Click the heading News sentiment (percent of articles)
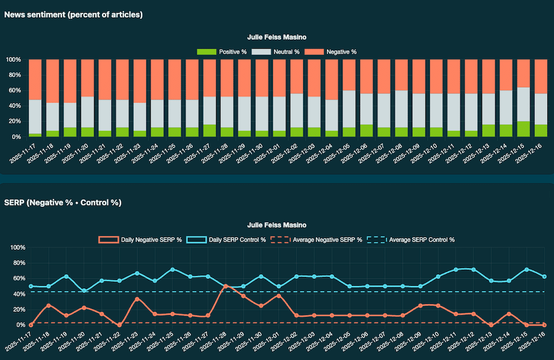coord(74,15)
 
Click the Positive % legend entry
coord(222,52)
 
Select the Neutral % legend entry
coord(275,52)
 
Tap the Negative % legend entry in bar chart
coord(331,52)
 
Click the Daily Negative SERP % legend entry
coord(141,240)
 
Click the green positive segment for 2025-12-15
coord(524,128)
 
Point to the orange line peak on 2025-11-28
coord(225,286)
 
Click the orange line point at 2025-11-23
coord(137,299)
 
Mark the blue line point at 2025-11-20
coord(84,290)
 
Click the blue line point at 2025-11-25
coord(172,270)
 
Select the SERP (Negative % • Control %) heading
coord(63,203)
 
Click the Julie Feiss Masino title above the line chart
coord(277,225)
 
